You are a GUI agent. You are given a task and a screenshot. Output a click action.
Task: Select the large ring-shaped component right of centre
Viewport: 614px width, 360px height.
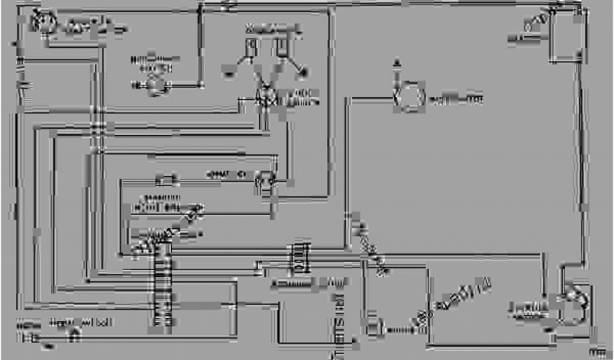pos(409,97)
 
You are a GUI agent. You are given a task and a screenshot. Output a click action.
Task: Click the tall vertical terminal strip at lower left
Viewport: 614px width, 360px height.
pos(160,288)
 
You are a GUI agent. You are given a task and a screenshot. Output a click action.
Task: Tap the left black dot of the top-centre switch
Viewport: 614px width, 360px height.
pos(228,74)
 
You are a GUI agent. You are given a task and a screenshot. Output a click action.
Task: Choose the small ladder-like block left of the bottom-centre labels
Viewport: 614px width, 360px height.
pos(298,256)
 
